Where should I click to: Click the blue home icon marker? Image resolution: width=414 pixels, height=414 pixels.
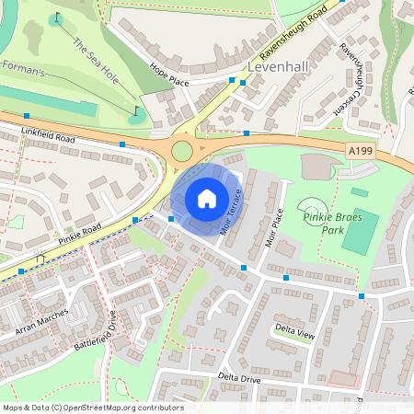click(x=207, y=198)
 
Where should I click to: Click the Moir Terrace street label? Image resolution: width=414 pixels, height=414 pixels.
click(x=232, y=213)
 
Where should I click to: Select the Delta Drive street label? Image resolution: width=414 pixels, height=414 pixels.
click(x=240, y=378)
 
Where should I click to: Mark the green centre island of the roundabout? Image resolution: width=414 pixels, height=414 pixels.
click(x=182, y=151)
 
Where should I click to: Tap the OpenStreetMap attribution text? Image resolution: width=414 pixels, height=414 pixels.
click(x=92, y=408)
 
